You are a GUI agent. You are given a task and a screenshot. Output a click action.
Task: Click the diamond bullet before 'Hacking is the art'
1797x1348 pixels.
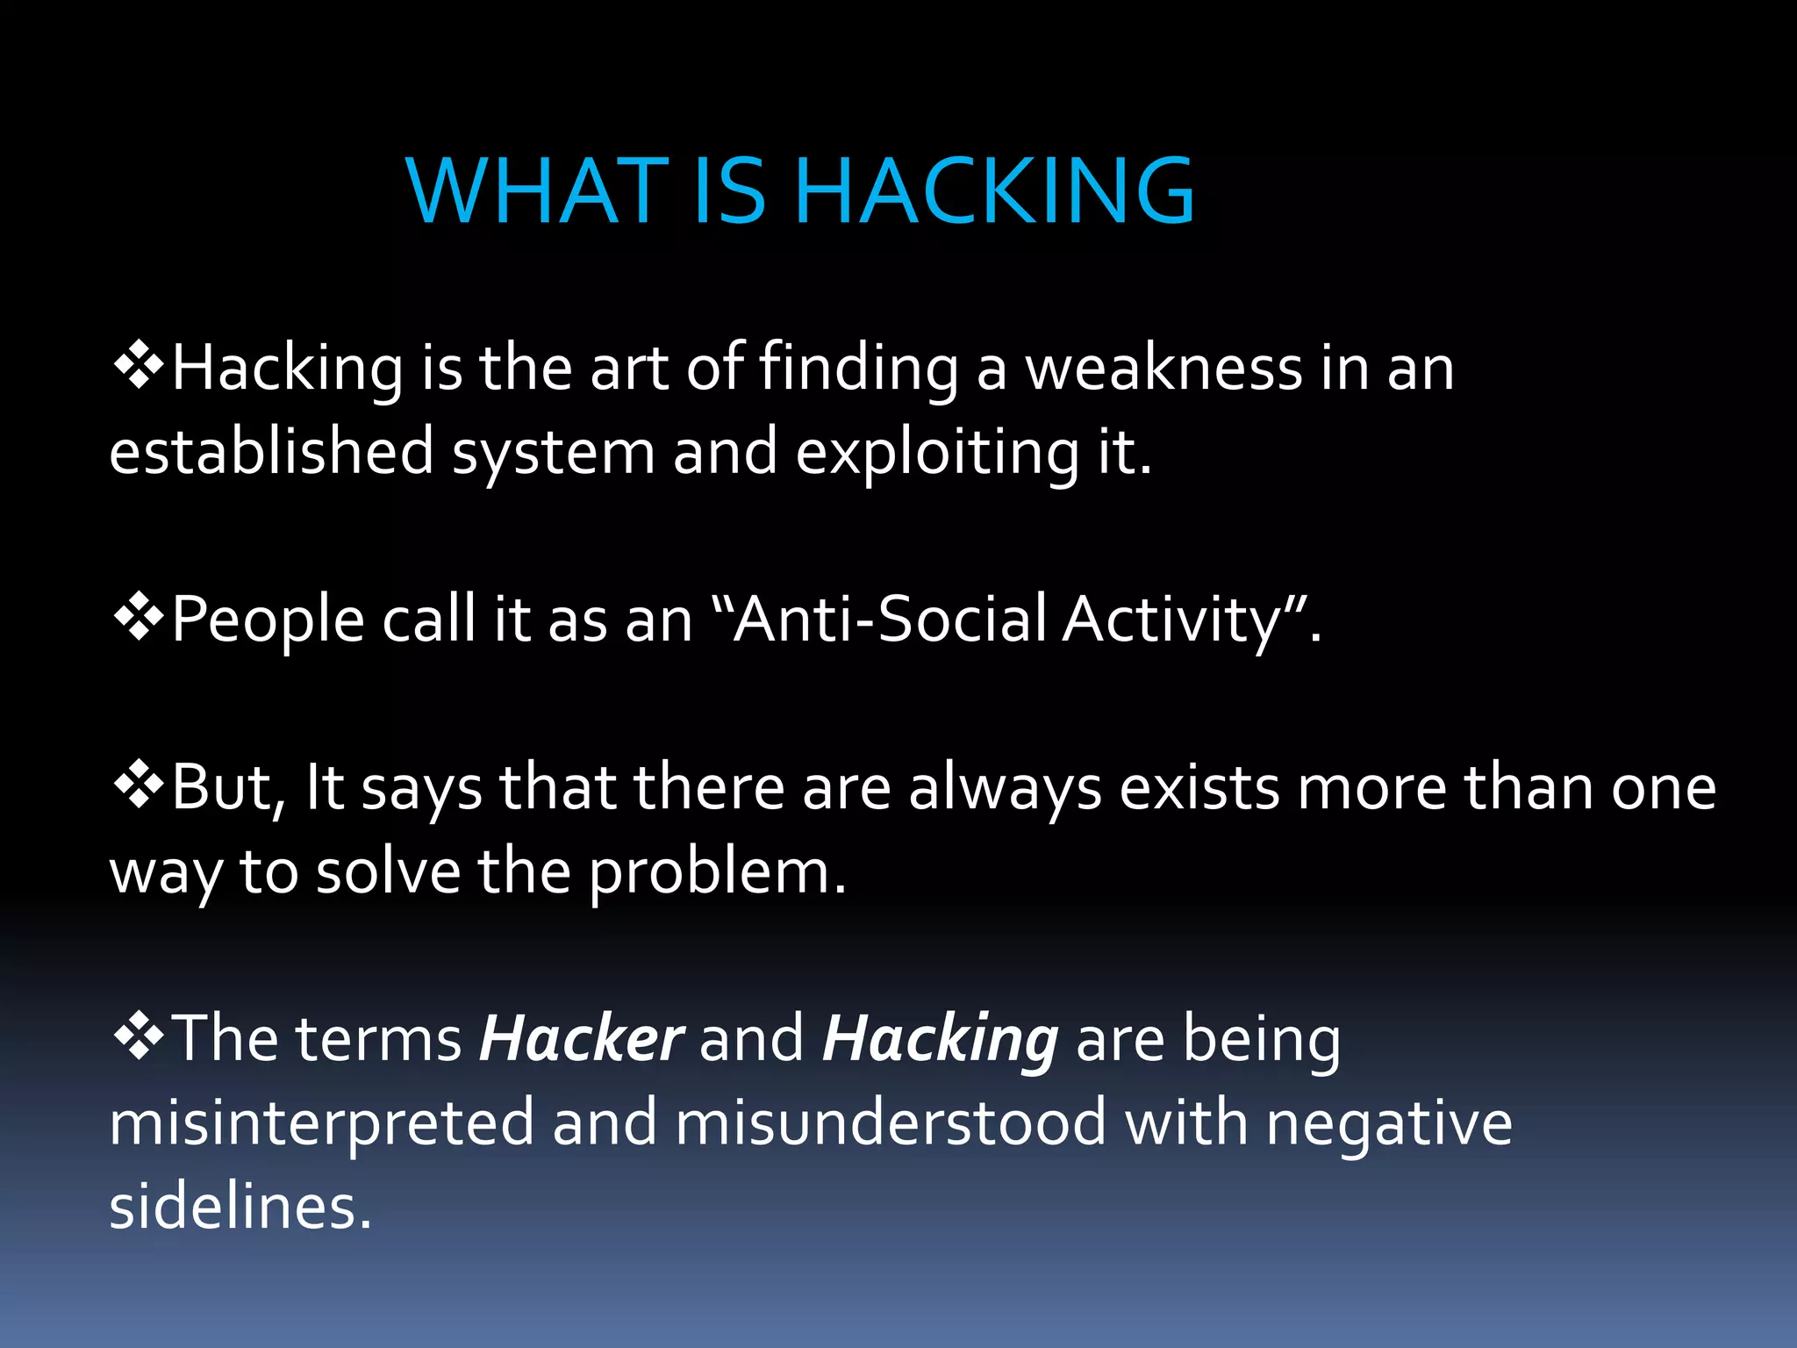pos(139,367)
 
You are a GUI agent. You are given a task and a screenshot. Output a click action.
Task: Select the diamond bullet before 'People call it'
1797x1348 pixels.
pos(139,619)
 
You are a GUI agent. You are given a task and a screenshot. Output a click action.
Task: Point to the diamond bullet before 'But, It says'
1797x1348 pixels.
pos(139,786)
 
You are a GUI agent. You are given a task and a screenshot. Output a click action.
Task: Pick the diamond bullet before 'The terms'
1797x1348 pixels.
pos(139,1038)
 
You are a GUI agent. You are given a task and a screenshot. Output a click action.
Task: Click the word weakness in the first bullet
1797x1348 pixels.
pos(1163,369)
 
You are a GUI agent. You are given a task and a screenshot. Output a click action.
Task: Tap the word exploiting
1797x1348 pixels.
pos(936,453)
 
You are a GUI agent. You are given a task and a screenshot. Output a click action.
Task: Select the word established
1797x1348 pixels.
pos(271,451)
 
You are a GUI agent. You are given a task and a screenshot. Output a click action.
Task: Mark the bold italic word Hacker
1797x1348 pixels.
pos(580,1039)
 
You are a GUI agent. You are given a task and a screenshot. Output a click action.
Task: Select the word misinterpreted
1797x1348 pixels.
pos(321,1124)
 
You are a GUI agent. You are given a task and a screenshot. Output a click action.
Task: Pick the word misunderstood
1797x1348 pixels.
pos(891,1123)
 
